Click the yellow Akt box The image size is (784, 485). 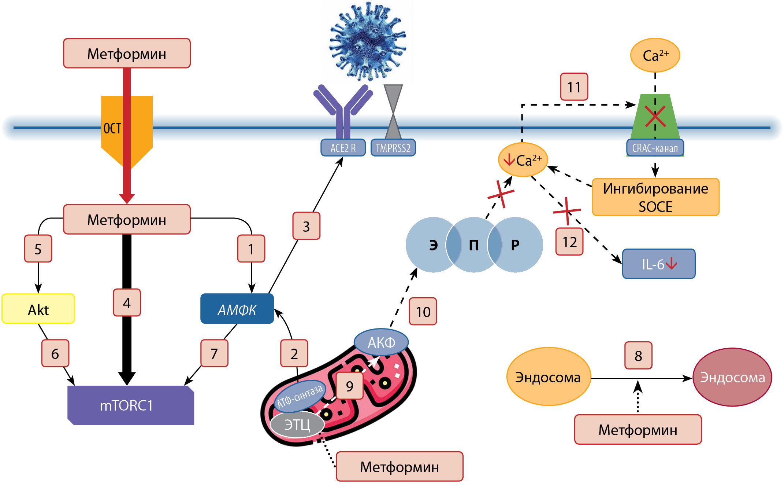[x=38, y=309]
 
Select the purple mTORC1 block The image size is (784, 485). [x=130, y=405]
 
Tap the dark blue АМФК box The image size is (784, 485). [x=237, y=309]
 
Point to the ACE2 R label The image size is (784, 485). [x=343, y=148]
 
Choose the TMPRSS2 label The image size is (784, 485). [x=393, y=148]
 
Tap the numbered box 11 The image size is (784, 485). [x=574, y=87]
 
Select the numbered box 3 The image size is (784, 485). [x=306, y=226]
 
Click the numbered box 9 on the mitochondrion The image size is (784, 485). [x=349, y=386]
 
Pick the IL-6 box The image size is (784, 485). [x=658, y=264]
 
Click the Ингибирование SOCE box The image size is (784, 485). [x=655, y=197]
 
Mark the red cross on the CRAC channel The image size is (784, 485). [x=655, y=117]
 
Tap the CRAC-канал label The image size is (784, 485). [x=655, y=148]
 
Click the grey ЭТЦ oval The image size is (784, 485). [x=297, y=425]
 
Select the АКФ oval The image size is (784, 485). [x=381, y=342]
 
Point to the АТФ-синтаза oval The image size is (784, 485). [x=300, y=396]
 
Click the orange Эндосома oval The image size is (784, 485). [x=548, y=376]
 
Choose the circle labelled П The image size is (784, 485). [x=473, y=245]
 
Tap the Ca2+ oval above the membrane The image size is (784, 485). [x=655, y=55]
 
